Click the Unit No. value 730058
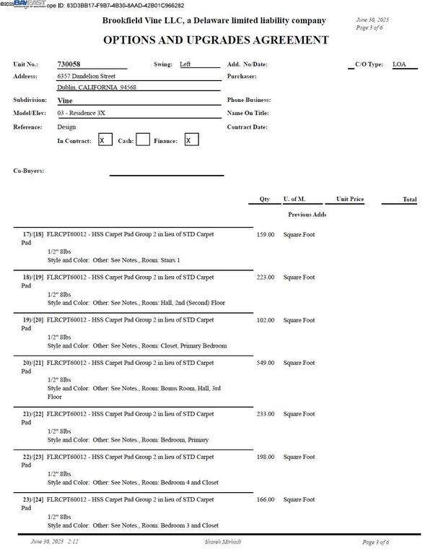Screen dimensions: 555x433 (x=69, y=64)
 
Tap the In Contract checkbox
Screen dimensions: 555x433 (x=105, y=140)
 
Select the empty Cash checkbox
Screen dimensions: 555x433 (x=143, y=140)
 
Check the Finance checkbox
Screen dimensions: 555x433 (x=191, y=140)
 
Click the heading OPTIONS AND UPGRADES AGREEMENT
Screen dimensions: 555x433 (x=216, y=40)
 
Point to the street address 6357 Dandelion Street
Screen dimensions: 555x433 (x=87, y=76)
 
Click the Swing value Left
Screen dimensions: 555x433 (x=185, y=64)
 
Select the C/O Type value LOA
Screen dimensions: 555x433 (x=399, y=64)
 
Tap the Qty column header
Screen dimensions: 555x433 (x=264, y=199)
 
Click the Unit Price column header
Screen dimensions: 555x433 (x=349, y=199)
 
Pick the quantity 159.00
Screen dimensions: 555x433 (x=266, y=234)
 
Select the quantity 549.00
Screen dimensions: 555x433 (x=266, y=363)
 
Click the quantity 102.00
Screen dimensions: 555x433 (x=266, y=319)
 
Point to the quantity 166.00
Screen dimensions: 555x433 (x=266, y=499)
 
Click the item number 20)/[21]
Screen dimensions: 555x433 (x=33, y=363)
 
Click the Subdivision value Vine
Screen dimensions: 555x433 (x=64, y=100)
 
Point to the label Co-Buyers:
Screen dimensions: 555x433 (x=29, y=171)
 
